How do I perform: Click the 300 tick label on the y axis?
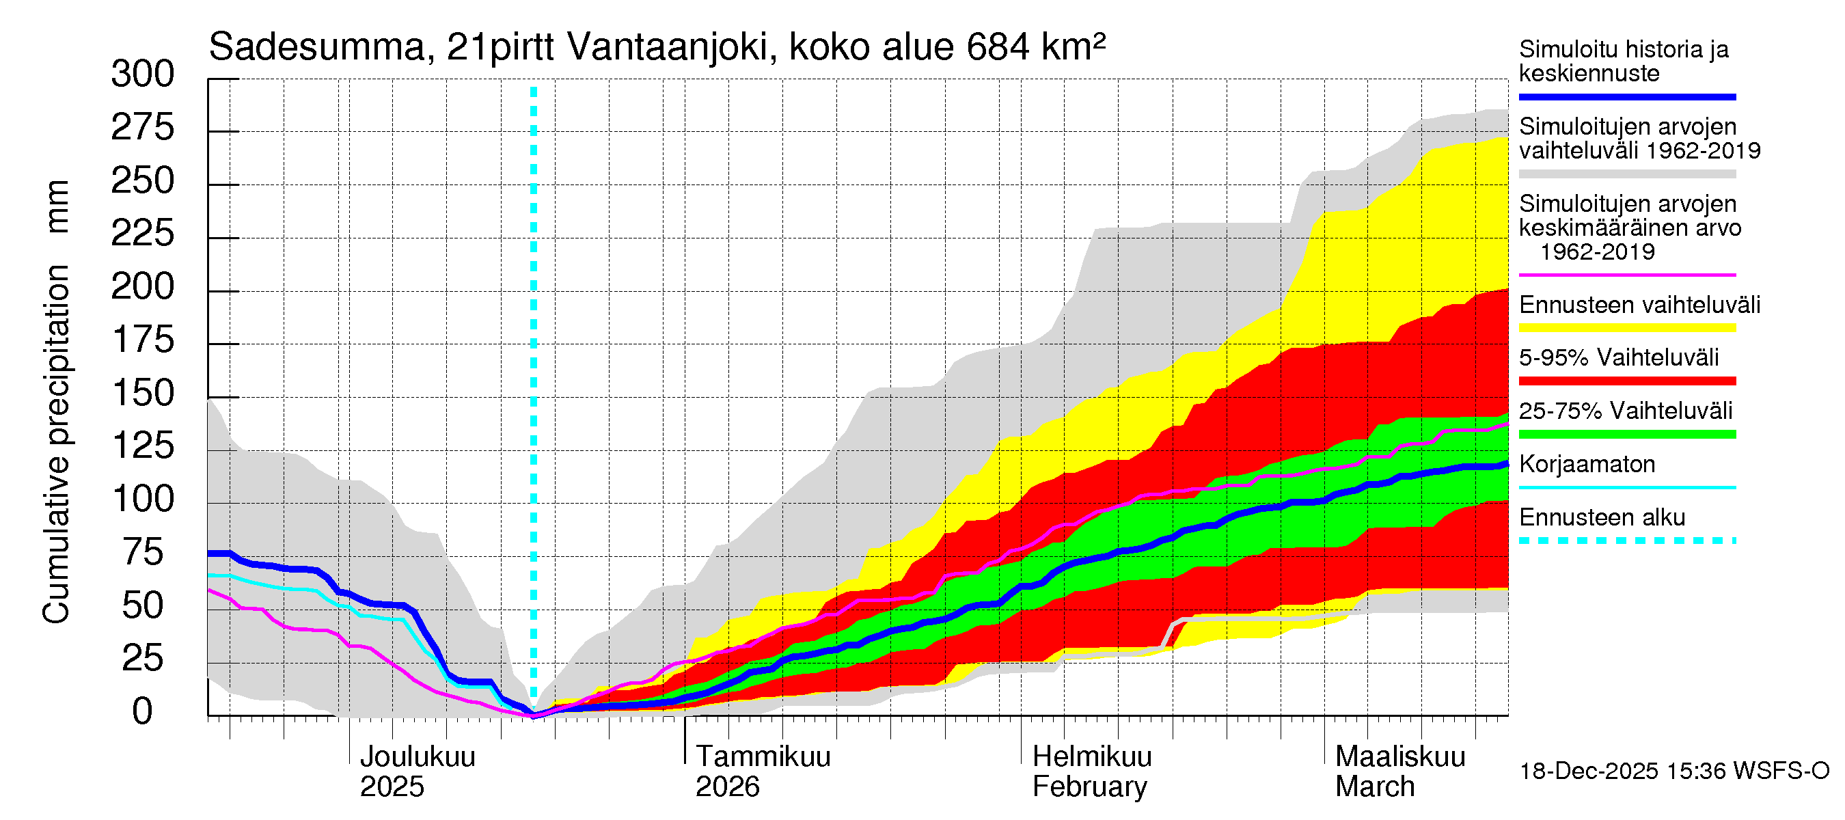(x=143, y=74)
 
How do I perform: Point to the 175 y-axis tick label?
(x=143, y=340)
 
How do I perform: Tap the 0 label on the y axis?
(x=143, y=712)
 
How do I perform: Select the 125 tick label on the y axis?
(x=143, y=446)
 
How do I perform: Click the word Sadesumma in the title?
(x=317, y=48)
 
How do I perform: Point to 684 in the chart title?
(x=998, y=48)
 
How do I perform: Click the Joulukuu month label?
(x=418, y=757)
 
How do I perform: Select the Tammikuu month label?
(x=763, y=757)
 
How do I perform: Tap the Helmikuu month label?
(x=1091, y=757)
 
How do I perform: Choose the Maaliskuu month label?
(x=1400, y=757)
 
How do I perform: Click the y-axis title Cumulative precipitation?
(x=57, y=444)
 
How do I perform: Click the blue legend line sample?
(x=1627, y=96)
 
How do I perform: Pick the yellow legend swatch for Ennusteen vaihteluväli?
(x=1627, y=328)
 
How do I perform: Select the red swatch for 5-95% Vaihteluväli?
(x=1627, y=381)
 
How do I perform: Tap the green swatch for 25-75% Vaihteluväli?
(x=1627, y=434)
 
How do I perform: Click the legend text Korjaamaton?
(x=1587, y=465)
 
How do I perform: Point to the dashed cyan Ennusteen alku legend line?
(x=1627, y=541)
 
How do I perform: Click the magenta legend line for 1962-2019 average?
(x=1627, y=275)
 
